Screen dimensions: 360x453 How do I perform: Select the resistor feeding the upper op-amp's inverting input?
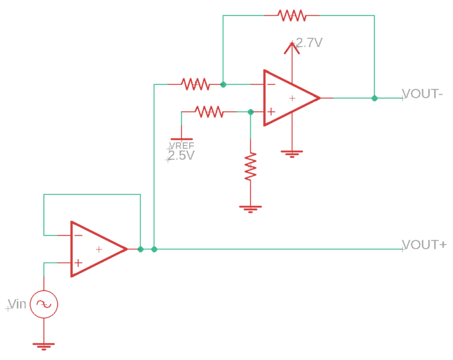coord(195,84)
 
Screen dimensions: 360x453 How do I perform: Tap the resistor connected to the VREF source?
coord(209,111)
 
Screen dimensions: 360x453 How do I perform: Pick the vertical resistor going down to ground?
coord(251,167)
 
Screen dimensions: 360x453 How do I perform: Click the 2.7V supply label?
coord(310,43)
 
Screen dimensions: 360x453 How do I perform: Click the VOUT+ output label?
coord(424,245)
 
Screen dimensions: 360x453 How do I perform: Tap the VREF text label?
coord(182,146)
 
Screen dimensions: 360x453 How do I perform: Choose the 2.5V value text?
coord(180,156)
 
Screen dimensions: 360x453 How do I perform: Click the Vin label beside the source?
coord(17,304)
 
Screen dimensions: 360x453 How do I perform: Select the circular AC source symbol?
coord(44,304)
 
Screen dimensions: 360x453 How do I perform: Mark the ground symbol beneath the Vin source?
coord(44,345)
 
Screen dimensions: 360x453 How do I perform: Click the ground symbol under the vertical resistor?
coord(251,207)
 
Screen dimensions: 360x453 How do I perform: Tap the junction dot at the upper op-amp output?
coord(375,98)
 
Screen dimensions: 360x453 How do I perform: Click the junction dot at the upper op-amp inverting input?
coord(223,84)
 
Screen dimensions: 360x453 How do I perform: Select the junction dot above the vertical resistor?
coord(251,111)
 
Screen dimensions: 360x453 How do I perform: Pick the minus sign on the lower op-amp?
coord(78,236)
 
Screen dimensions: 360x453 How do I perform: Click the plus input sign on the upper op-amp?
coord(271,111)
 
